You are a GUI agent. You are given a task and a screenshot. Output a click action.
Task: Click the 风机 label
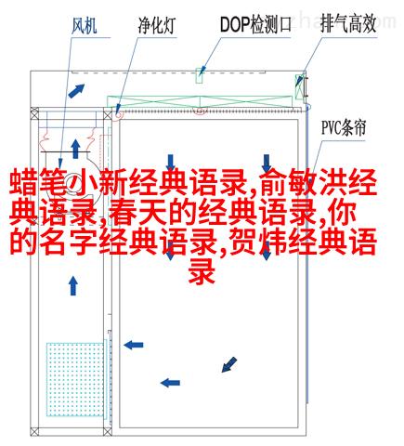coord(85,26)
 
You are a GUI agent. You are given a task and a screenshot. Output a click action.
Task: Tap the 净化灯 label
coord(157,25)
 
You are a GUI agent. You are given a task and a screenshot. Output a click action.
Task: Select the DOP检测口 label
coord(255,24)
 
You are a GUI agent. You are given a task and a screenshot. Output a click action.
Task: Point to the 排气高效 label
coord(348,24)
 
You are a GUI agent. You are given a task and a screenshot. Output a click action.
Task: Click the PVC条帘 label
coord(344,127)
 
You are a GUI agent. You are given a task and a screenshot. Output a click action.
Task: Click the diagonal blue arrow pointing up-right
coord(76,91)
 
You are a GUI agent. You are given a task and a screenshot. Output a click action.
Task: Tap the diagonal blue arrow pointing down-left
coord(229,364)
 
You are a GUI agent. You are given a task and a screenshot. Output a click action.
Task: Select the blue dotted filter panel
coord(75,379)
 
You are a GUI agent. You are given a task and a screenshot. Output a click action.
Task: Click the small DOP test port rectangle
coord(200,75)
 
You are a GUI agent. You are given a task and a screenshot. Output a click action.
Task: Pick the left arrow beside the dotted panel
coord(134,345)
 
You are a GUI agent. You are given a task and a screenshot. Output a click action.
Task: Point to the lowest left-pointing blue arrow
coord(170,383)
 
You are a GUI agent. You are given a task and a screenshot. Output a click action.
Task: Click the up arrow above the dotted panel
coord(73,286)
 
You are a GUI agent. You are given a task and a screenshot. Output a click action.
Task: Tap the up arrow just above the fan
coord(75,149)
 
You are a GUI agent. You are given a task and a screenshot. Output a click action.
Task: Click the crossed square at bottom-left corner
coord(34,432)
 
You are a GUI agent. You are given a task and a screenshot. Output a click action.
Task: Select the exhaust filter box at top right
coord(299,86)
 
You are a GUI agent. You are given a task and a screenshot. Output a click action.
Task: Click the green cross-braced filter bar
coord(200,102)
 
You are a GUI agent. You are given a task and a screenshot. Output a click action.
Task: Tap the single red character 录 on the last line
coord(202,271)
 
